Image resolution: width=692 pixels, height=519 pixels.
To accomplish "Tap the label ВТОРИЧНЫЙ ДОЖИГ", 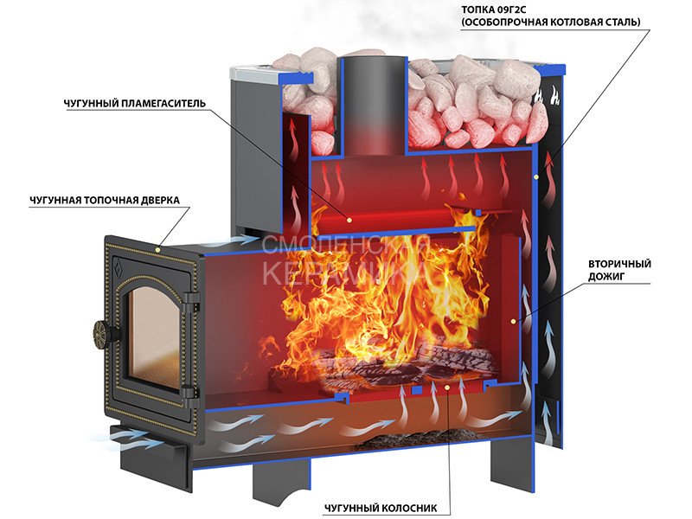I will point(618,269).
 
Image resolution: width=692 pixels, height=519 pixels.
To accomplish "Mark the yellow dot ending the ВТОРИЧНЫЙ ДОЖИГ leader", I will point(514,321).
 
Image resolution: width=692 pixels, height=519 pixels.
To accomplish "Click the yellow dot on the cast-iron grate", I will point(447,391).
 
